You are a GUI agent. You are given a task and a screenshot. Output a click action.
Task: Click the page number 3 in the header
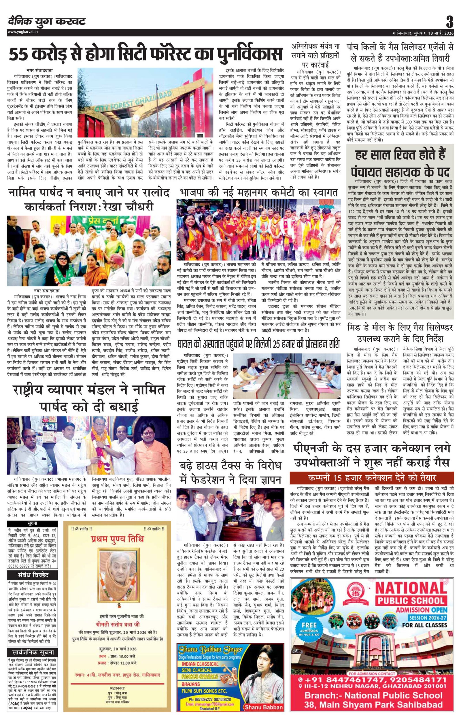(450, 22)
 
